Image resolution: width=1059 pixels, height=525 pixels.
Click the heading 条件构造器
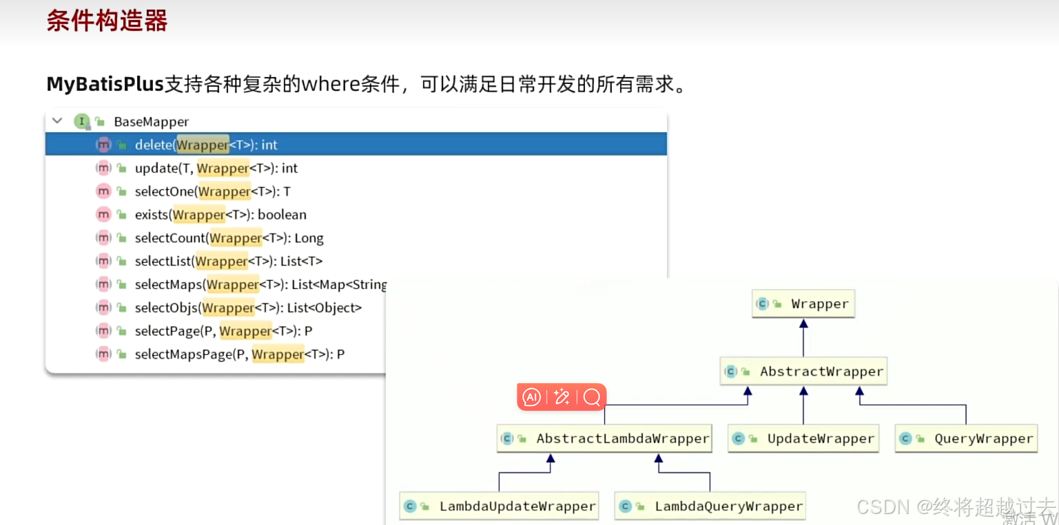pyautogui.click(x=107, y=21)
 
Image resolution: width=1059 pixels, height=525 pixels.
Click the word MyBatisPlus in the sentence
pyautogui.click(x=105, y=85)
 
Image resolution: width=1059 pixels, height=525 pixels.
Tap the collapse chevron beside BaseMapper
pyautogui.click(x=57, y=121)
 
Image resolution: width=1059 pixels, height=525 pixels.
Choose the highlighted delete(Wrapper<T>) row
pyautogui.click(x=206, y=145)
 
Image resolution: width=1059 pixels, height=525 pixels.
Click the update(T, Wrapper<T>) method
pyautogui.click(x=216, y=169)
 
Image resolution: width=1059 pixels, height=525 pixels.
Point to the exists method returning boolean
pyautogui.click(x=220, y=215)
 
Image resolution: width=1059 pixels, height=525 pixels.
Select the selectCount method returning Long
pyautogui.click(x=229, y=238)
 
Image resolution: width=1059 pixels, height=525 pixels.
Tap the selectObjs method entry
pyautogui.click(x=248, y=308)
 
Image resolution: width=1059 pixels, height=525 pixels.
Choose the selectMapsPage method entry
pyautogui.click(x=239, y=354)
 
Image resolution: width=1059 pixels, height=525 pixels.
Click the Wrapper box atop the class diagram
pyautogui.click(x=803, y=304)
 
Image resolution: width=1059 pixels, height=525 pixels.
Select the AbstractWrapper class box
pyautogui.click(x=803, y=372)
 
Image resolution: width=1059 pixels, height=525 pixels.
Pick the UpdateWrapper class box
pyautogui.click(x=803, y=439)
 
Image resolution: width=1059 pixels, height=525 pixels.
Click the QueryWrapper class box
pyautogui.click(x=966, y=439)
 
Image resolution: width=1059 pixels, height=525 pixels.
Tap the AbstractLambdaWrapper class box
pyautogui.click(x=604, y=439)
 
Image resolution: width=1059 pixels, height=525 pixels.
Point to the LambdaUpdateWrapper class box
pyautogui.click(x=499, y=506)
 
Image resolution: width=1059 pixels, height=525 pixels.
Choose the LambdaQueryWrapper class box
pyautogui.click(x=710, y=506)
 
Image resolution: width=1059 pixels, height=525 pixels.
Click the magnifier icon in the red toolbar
pyautogui.click(x=591, y=397)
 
